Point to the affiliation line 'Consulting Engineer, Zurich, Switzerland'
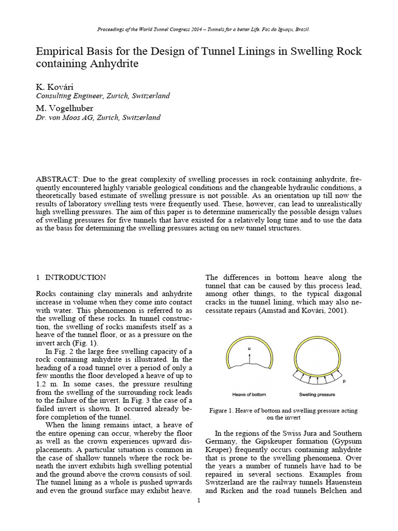pyautogui.click(x=103, y=96)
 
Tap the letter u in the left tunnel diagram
pyautogui.click(x=249, y=349)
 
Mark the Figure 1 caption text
pyautogui.click(x=283, y=413)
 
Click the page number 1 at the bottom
pyautogui.click(x=198, y=500)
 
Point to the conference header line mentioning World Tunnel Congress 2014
pyautogui.click(x=198, y=30)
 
